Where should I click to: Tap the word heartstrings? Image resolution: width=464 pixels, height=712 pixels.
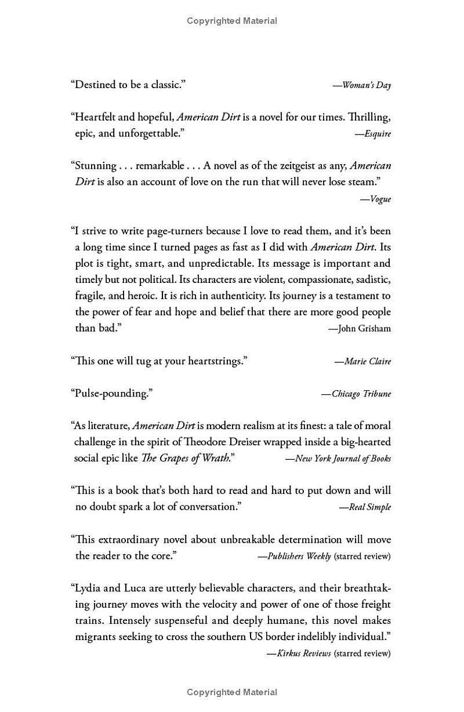tap(216, 361)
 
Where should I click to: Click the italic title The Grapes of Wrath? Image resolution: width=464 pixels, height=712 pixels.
tap(186, 458)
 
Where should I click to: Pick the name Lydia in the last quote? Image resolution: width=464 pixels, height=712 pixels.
tap(88, 588)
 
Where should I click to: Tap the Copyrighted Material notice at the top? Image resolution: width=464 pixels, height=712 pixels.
tap(232, 21)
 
